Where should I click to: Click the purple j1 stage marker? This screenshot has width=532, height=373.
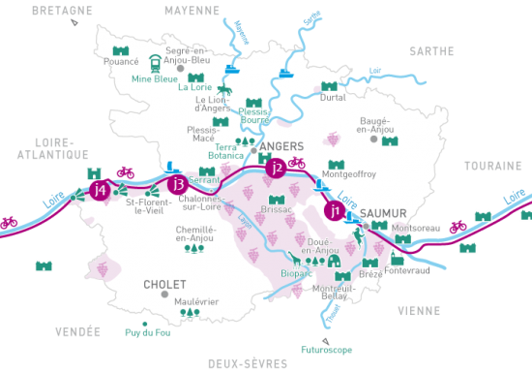[x=336, y=209]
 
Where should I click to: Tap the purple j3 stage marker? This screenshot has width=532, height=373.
[x=176, y=184]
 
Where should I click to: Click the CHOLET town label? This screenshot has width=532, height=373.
[x=163, y=285]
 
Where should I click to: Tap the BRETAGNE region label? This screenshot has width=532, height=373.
[x=62, y=11]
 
